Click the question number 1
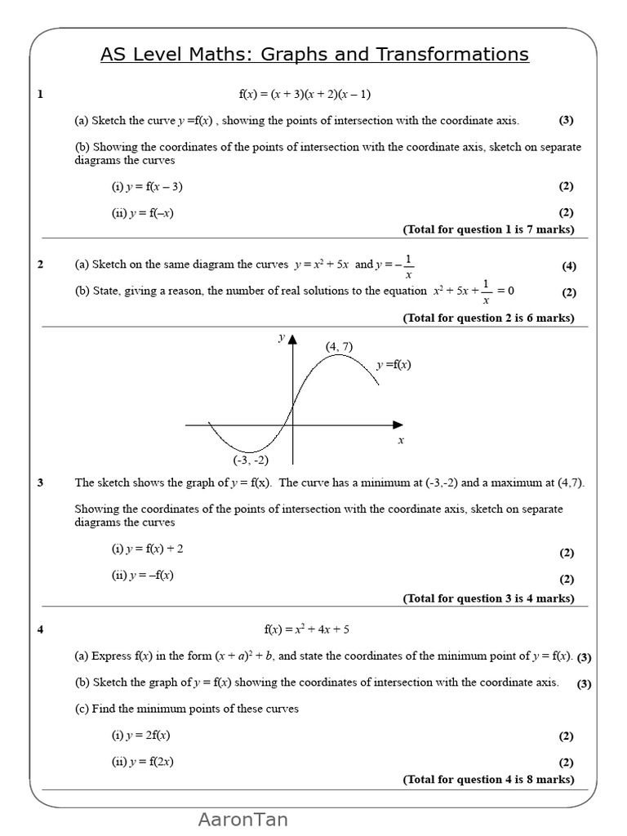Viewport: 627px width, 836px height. [40, 94]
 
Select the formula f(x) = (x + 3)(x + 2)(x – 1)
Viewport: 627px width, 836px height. [305, 94]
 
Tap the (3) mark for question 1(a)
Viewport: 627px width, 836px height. [566, 120]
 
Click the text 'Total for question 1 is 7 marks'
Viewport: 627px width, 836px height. [488, 229]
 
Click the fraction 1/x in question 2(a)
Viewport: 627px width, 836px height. [408, 266]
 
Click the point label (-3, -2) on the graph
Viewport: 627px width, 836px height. [251, 460]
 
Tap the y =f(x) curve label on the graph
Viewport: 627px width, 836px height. [394, 365]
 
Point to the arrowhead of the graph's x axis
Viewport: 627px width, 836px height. [398, 425]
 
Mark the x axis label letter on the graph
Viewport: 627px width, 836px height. [401, 441]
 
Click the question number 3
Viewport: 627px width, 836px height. [40, 482]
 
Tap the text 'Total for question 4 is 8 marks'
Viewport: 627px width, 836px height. [488, 780]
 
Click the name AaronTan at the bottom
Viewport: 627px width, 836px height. [242, 820]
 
